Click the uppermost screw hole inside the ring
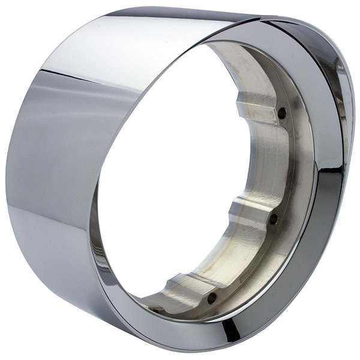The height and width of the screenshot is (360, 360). pos(282,112)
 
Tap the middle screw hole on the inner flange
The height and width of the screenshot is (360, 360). pos(274,220)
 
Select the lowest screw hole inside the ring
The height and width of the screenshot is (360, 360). pos(212,297)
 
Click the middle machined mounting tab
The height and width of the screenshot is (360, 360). pos(249,213)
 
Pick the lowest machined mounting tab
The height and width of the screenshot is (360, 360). pos(183,287)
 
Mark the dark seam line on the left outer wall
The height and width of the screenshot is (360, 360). pos(66,76)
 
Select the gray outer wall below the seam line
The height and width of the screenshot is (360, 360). pos(48,180)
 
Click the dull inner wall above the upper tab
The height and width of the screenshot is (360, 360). pos(240,66)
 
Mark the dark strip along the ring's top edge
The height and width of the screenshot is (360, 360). pos(180,13)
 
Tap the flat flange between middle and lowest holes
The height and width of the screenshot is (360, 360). pos(252,264)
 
